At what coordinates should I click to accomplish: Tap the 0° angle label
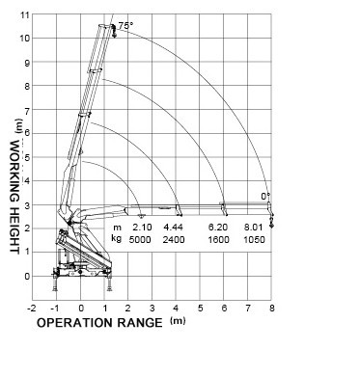pos(265,196)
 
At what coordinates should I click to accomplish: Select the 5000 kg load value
pos(141,238)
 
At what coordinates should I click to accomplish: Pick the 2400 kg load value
pos(175,238)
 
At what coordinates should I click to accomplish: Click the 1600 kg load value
pos(219,238)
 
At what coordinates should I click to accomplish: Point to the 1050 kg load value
pos(255,238)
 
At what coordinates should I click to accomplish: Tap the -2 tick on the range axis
pos(33,309)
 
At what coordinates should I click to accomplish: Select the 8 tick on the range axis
pos(271,309)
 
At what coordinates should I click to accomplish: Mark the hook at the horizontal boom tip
pos(272,220)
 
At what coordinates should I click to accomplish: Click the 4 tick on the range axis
pos(177,309)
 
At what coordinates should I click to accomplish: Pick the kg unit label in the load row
pos(116,238)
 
